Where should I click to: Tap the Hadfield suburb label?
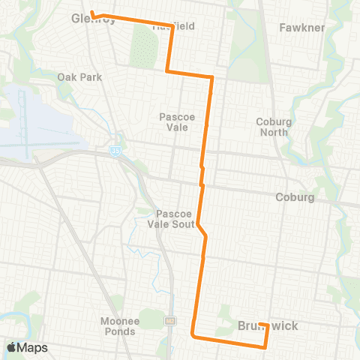click(173, 26)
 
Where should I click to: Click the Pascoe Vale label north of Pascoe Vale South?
click(178, 121)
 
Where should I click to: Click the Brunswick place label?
click(268, 325)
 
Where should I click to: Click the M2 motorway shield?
click(170, 321)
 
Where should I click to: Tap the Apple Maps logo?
click(27, 347)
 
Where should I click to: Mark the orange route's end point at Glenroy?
click(91, 13)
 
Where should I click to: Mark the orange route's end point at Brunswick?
click(262, 324)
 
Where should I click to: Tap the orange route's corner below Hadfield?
click(166, 72)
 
